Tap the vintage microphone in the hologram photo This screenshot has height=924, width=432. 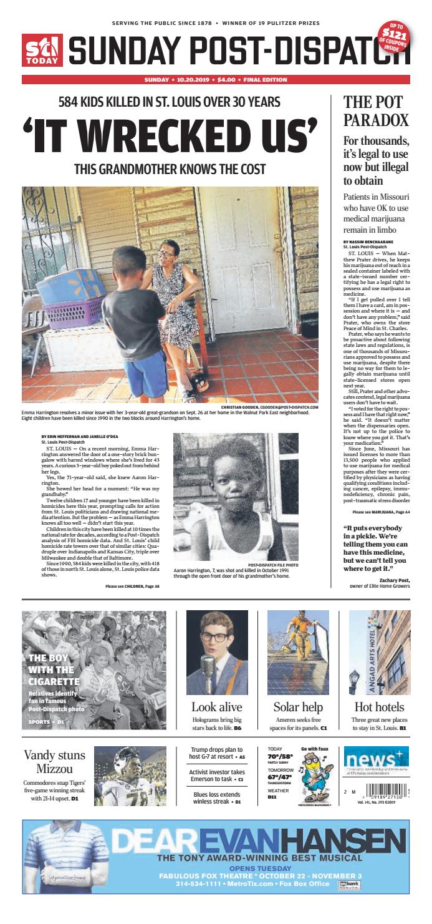coord(208,668)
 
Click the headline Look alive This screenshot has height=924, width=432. coord(217,707)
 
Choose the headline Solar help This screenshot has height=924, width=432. coord(298,707)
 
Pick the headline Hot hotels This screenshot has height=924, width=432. coord(379,707)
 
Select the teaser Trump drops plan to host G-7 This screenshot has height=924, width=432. coord(217,752)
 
